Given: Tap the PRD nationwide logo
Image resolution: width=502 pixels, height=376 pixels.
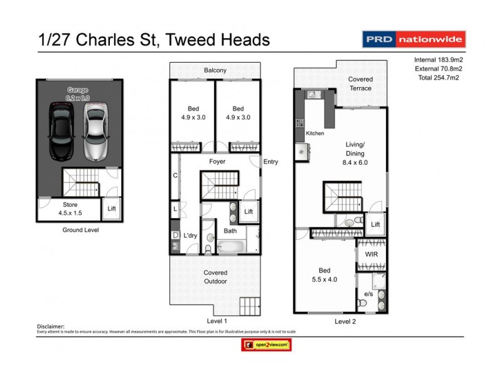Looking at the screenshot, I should pos(414,39).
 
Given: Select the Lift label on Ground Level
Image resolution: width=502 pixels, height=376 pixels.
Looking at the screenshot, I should pos(112,209).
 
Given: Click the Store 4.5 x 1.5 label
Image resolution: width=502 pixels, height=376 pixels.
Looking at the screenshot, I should pos(69,209).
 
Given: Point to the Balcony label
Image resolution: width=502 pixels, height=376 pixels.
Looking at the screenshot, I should pos(215,70).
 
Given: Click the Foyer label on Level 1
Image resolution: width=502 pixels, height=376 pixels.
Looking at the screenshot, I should pos(217,162).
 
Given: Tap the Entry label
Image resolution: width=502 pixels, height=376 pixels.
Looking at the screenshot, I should pos(270,162).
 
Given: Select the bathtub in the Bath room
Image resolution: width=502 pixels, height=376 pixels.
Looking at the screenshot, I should pos(230,247).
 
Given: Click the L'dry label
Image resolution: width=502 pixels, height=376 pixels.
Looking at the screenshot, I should pos(190,236).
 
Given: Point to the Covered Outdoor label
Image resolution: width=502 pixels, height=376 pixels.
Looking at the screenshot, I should pos(215,277).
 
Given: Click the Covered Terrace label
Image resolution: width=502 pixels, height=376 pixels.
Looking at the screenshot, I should pos(360,83).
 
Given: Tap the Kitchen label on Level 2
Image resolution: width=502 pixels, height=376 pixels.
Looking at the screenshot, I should pos(315,134).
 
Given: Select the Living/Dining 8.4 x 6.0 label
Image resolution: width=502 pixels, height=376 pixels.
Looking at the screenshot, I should pos(356,153).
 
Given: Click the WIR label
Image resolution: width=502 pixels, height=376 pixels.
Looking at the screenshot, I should pos(371,254).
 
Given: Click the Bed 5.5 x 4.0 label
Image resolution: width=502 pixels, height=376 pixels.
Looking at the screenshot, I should pos(324,275).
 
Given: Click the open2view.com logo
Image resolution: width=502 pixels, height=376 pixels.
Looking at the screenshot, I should pos(267,345).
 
